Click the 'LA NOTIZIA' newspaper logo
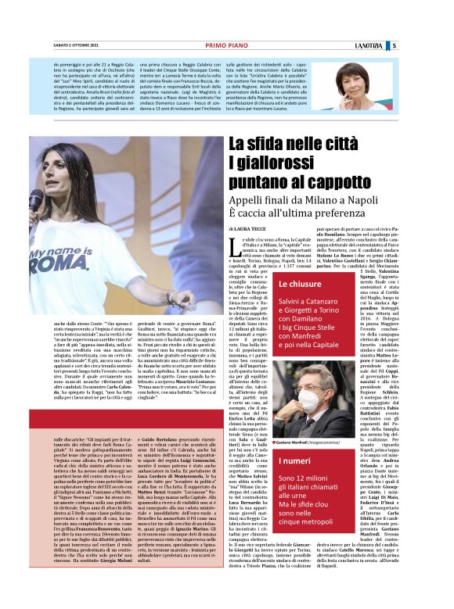click(410, 45)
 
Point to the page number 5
click(438, 45)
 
